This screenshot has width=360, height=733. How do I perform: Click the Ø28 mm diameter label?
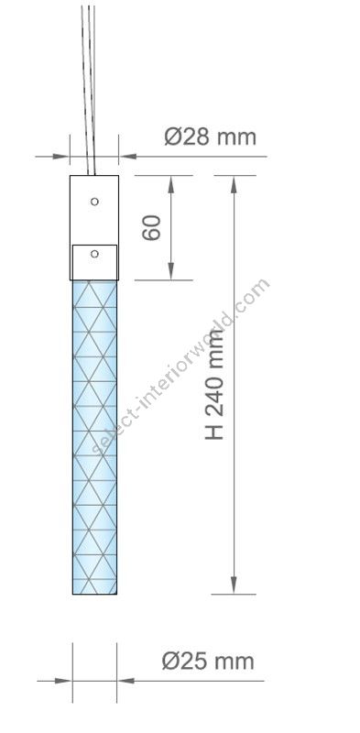click(211, 137)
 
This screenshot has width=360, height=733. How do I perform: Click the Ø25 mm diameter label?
click(208, 662)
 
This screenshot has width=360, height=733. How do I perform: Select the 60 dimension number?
click(151, 228)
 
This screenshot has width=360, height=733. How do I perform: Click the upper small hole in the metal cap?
click(94, 202)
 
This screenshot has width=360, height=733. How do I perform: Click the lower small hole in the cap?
click(94, 254)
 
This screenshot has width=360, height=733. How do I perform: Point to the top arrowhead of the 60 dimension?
click(171, 184)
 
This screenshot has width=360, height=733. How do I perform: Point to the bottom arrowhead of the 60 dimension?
click(171, 271)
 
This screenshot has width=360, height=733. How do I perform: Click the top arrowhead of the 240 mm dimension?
click(234, 184)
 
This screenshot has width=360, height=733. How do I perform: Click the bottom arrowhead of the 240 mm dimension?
click(234, 585)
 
